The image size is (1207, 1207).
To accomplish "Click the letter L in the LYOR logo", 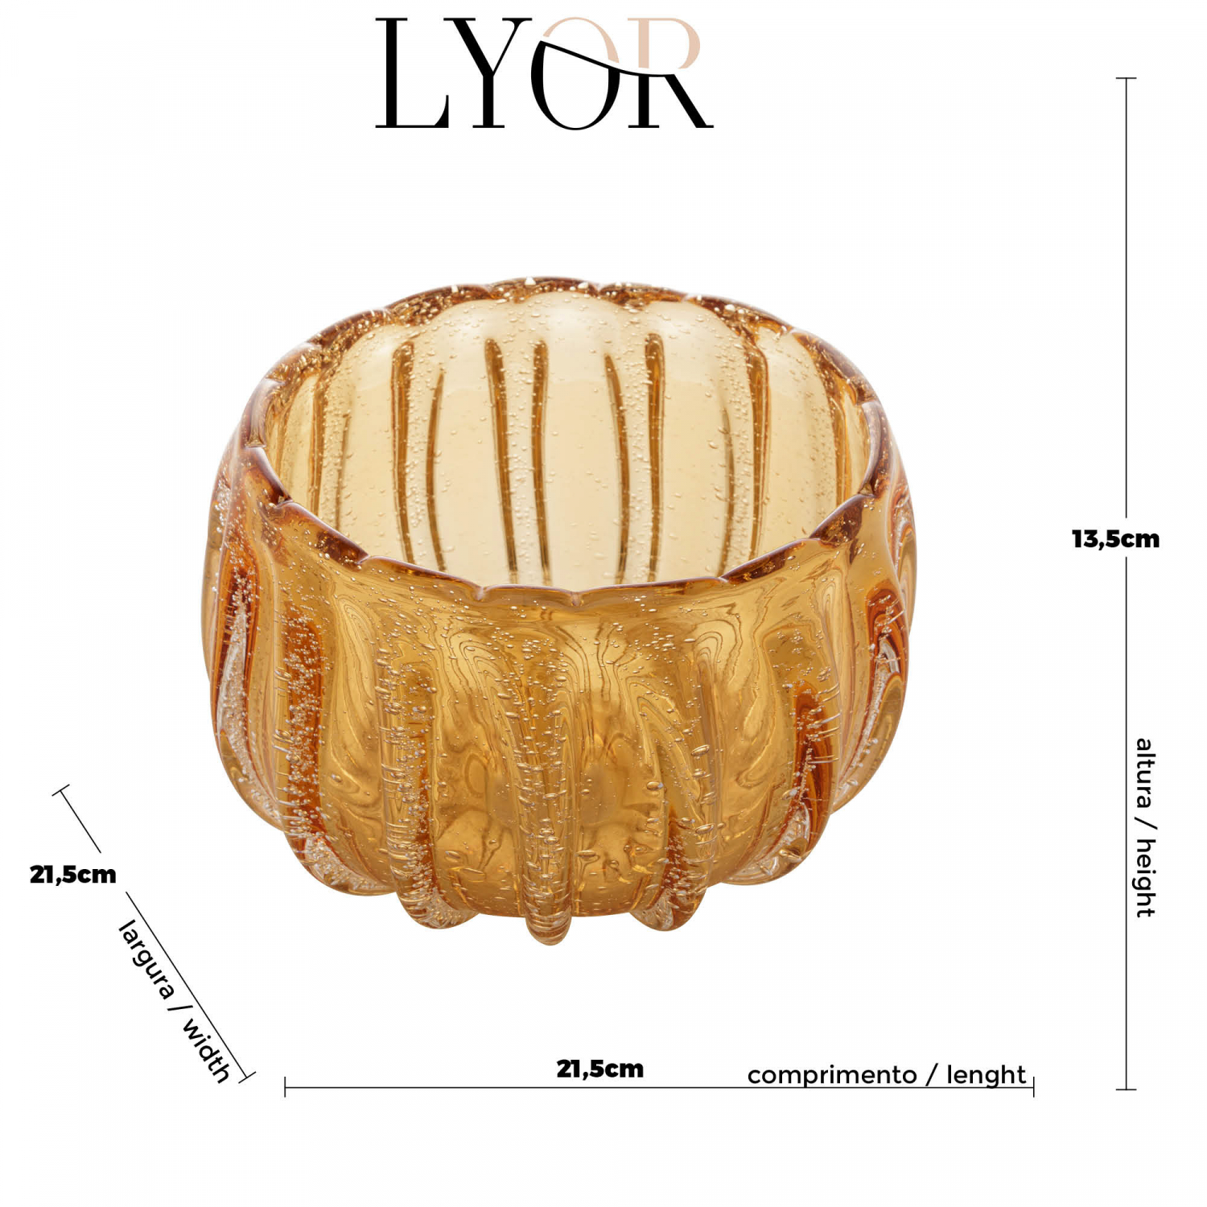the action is click(410, 74).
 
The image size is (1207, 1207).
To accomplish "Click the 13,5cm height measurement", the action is click(1115, 539).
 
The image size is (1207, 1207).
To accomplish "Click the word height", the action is click(1144, 877).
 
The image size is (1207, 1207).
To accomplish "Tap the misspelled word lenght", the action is click(986, 1075).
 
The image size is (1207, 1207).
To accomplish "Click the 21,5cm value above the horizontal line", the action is click(600, 1069).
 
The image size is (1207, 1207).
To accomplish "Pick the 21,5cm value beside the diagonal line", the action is click(73, 875).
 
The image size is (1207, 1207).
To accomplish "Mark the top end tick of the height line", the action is click(1127, 78).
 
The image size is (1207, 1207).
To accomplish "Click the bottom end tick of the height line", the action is click(1127, 1090).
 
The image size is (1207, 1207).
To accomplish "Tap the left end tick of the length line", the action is click(285, 1087).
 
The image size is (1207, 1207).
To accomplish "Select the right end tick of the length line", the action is click(1033, 1087).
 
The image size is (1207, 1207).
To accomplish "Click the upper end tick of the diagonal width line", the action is click(61, 790).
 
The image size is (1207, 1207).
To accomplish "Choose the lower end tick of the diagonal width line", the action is click(247, 1077).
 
